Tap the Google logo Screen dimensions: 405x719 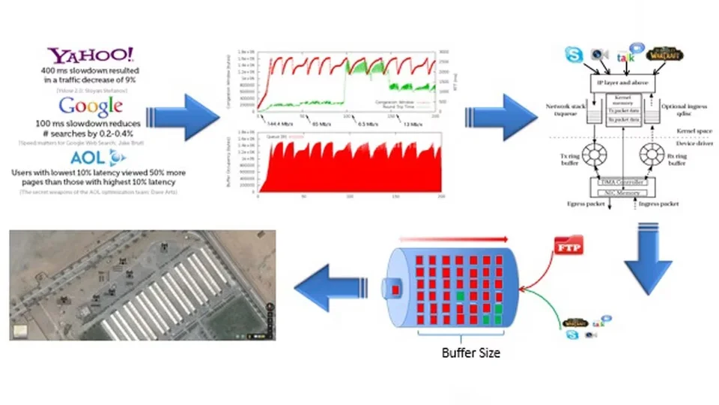pyautogui.click(x=91, y=106)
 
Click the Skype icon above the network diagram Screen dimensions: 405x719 pyautogui.click(x=574, y=55)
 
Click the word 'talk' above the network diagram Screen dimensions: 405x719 pyautogui.click(x=624, y=58)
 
